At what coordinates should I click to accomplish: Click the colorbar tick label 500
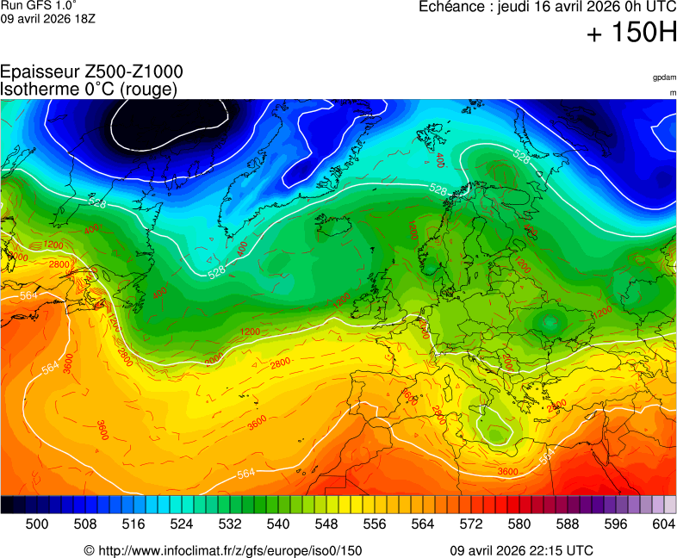click(x=36, y=524)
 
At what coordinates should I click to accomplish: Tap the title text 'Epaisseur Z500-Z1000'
click(x=91, y=72)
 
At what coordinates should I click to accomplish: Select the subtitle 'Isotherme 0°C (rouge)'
click(x=89, y=89)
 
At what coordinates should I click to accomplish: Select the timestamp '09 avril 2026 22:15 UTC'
click(x=522, y=550)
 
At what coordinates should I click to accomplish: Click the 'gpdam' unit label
click(x=664, y=77)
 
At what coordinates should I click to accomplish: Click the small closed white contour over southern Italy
click(x=494, y=429)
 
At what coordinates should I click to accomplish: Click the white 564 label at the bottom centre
click(x=246, y=473)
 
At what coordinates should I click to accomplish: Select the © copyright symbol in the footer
click(x=89, y=550)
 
